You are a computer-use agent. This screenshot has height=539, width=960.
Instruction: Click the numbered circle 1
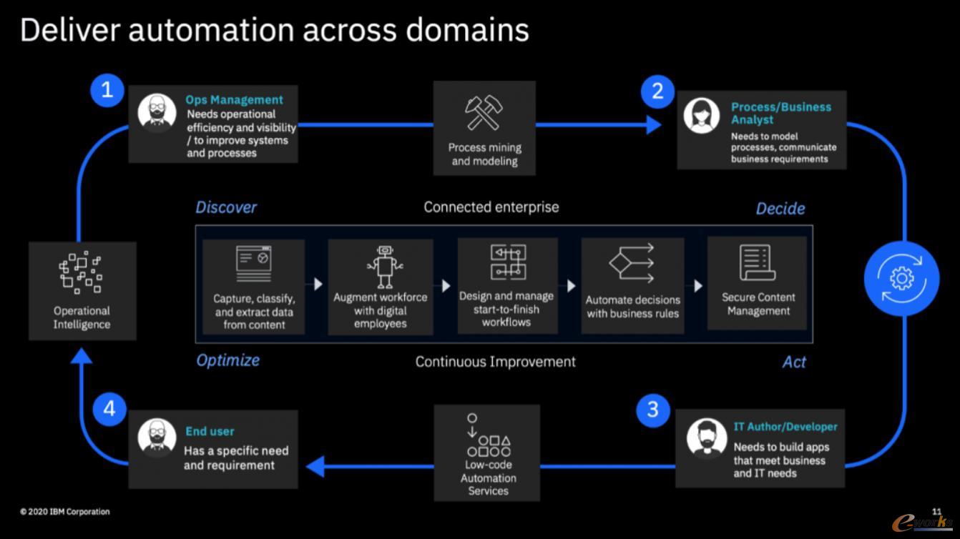coord(107,90)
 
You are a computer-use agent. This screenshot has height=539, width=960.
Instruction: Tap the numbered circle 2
coord(657,92)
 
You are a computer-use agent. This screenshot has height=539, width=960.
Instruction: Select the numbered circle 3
coord(652,410)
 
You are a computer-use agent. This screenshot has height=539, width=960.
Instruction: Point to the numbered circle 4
coord(109,409)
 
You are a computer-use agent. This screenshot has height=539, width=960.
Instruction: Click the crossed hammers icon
coord(484,112)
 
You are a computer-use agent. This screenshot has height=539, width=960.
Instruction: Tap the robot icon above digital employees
coord(384,267)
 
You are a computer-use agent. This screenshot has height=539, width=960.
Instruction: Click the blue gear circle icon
coord(902,279)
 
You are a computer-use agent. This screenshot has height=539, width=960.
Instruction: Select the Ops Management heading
coord(234,100)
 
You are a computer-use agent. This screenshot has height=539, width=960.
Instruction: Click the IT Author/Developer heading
coord(785,427)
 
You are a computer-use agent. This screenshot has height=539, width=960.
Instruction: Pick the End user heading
coord(210,431)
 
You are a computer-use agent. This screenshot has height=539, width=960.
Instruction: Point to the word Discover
coord(226,207)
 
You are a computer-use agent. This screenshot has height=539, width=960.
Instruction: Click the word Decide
coord(780,209)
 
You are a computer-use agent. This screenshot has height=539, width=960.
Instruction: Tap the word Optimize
coord(227,360)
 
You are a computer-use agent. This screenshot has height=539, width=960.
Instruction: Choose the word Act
coord(794,362)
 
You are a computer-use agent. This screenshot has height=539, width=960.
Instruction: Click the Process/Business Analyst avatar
coord(702,116)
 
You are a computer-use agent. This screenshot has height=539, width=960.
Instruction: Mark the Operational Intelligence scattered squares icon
coord(81,272)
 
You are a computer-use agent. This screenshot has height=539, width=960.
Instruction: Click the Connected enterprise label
coord(491,207)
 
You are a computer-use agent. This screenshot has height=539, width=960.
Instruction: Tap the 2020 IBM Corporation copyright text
coord(64,512)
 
